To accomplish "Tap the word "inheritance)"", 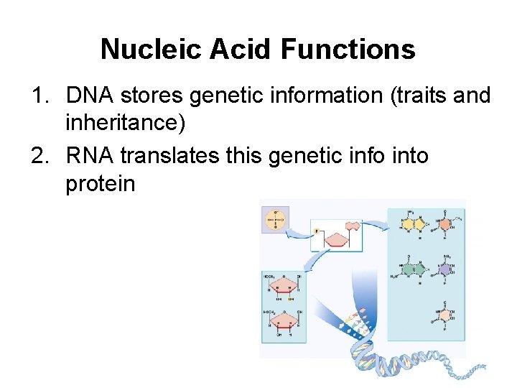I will [125, 124].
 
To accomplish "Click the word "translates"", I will [171, 154].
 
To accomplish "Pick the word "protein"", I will [100, 183].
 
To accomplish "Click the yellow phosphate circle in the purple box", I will [275, 219].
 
